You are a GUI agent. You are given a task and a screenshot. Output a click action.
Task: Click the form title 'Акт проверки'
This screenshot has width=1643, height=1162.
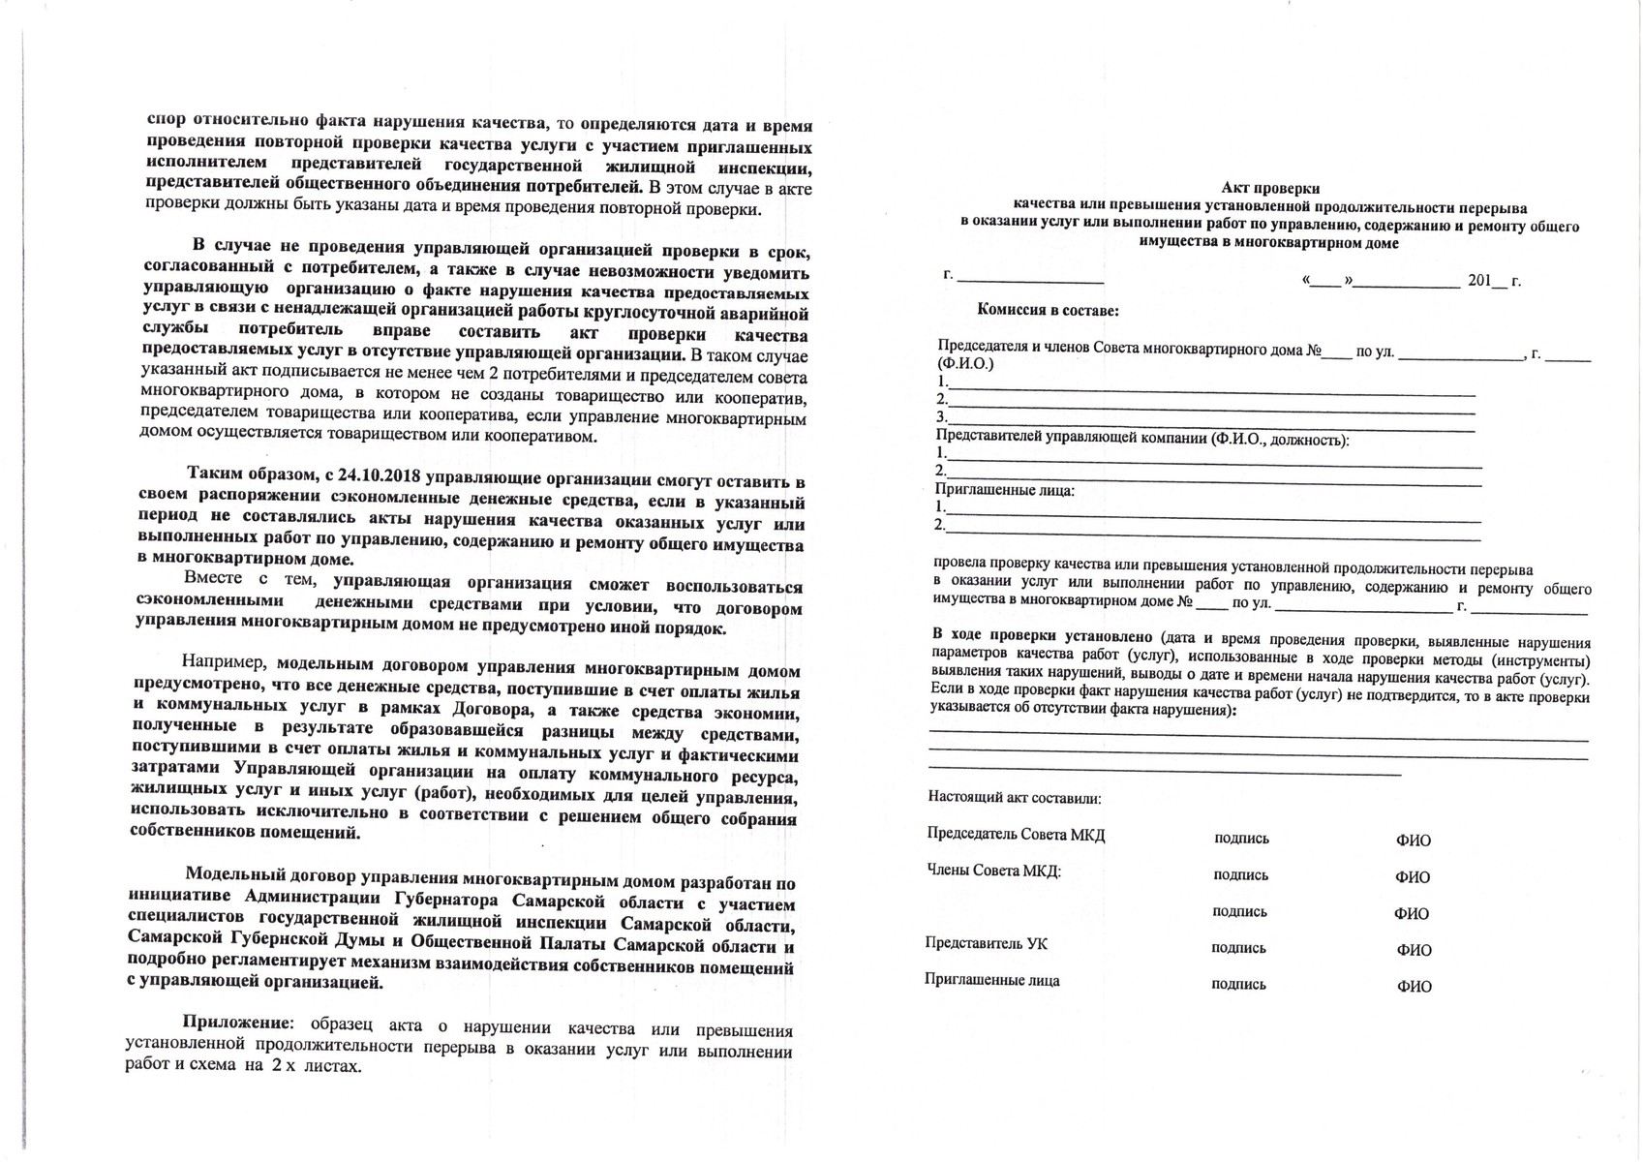1270,189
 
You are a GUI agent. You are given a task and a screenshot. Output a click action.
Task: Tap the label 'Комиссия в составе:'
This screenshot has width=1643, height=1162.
1048,311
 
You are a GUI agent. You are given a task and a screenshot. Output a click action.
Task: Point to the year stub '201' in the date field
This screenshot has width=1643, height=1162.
1480,281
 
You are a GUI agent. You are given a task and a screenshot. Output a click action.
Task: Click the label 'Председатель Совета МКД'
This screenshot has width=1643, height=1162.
1016,835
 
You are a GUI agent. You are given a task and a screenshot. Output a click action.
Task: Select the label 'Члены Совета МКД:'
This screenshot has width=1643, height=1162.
994,871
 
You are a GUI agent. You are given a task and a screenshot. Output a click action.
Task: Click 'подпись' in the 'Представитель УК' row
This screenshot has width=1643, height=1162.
1239,948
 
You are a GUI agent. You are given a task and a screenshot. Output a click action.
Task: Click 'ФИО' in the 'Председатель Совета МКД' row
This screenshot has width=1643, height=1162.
1414,841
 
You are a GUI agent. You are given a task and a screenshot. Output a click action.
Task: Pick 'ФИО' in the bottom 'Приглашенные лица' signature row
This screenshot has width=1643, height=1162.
1414,987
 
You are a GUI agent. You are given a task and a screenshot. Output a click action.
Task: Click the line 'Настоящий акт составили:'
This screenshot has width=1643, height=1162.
1015,799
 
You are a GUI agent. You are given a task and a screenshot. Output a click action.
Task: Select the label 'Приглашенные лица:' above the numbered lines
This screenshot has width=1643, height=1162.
1004,490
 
